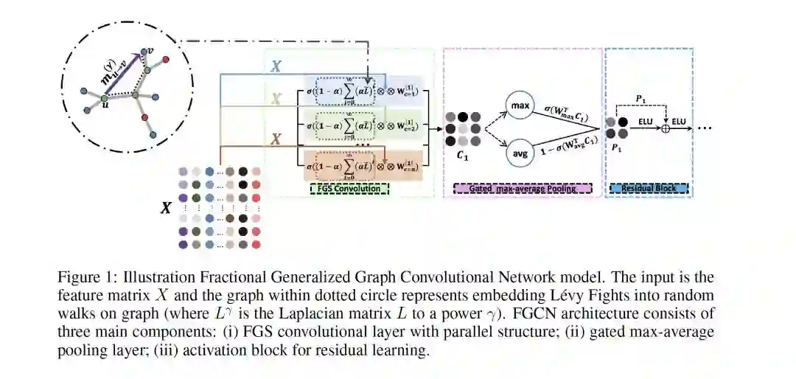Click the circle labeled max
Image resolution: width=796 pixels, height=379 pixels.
pos(520,107)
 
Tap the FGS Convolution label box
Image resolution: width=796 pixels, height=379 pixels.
pos(346,189)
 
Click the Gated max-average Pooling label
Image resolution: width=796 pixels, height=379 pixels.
pos(522,189)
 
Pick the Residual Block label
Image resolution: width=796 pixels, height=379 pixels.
pos(649,189)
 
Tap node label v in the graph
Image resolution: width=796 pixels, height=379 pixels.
pos(150,51)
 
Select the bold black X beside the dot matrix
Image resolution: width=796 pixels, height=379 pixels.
pos(167,208)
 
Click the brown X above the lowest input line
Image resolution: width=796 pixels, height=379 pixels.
pos(276,139)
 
